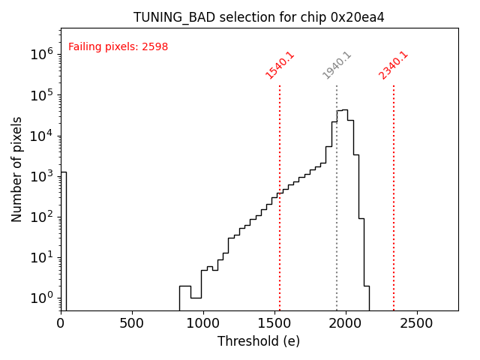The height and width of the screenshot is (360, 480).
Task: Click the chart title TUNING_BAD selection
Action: point(259,17)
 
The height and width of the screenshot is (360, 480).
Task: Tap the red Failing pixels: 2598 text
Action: point(118,47)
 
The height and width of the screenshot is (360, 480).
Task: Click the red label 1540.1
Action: point(280,65)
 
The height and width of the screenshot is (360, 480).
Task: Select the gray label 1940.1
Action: point(337,65)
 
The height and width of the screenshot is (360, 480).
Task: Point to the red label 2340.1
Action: point(393,65)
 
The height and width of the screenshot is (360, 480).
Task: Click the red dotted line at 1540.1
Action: point(280,225)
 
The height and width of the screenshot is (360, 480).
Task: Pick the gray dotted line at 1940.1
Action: point(337,225)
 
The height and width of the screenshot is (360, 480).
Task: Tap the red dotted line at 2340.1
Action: point(394,225)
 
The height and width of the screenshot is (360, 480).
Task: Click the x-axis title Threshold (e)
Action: point(259,341)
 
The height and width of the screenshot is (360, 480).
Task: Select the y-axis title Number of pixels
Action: point(17,169)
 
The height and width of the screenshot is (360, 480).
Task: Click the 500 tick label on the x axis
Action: point(132,323)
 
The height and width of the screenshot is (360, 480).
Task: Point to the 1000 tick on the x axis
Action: point(203,323)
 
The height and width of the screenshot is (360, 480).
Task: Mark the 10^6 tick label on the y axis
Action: point(41,54)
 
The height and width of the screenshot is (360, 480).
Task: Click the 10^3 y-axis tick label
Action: point(41,176)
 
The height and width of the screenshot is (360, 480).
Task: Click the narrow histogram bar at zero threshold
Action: point(64,240)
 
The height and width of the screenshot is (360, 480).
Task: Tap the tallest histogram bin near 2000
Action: point(344,210)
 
